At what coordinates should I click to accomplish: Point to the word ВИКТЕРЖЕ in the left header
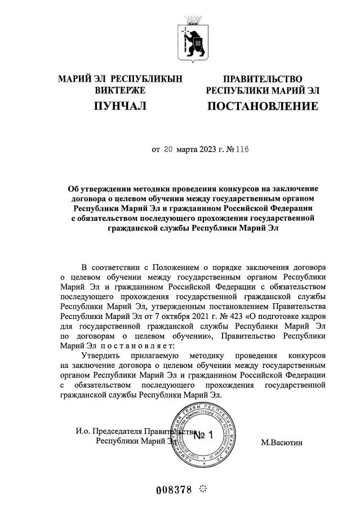point(120,90)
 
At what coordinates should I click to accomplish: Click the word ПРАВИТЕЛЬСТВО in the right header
point(263,79)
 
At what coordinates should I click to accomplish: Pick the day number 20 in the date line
point(169,150)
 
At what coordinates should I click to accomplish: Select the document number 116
point(242,150)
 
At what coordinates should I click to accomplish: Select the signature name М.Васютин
point(282,443)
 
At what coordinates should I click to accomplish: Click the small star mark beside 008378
point(203,489)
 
